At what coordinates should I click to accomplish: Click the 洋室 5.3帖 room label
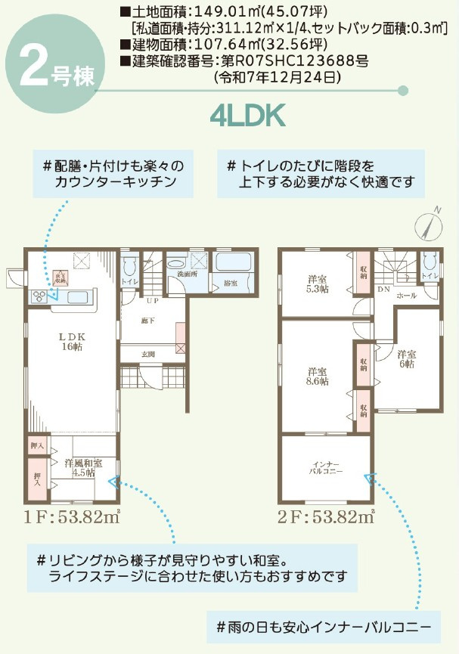tap(318, 284)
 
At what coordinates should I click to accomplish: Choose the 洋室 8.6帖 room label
tap(318, 376)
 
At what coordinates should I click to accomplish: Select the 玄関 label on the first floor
tap(148, 354)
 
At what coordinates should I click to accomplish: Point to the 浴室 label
tap(230, 283)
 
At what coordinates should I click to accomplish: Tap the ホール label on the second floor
tap(405, 296)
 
